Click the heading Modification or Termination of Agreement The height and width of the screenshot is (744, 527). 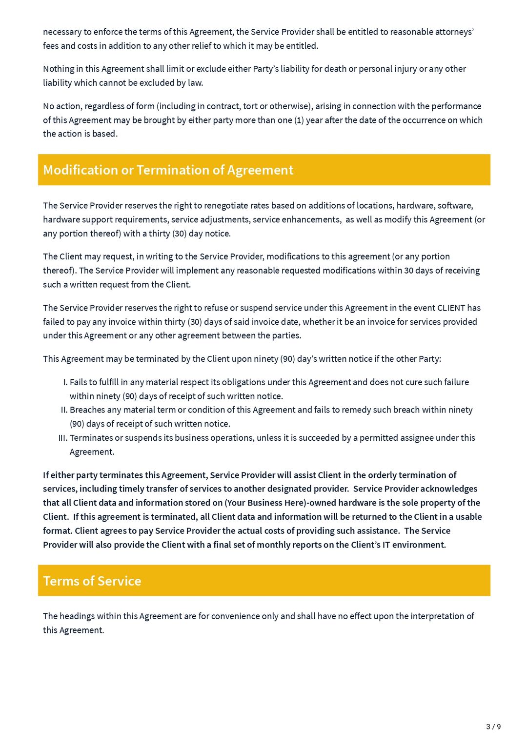(x=168, y=170)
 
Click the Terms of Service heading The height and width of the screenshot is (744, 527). (x=92, y=581)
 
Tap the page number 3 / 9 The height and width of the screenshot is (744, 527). (x=493, y=727)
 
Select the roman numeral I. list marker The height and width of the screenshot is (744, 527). (x=65, y=382)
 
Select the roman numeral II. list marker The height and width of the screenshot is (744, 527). (x=64, y=410)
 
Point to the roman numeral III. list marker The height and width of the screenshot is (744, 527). (x=62, y=438)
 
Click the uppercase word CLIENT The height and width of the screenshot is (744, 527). (x=451, y=308)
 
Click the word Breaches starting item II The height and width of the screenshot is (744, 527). (x=88, y=410)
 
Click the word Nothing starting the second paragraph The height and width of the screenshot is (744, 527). (x=59, y=69)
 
